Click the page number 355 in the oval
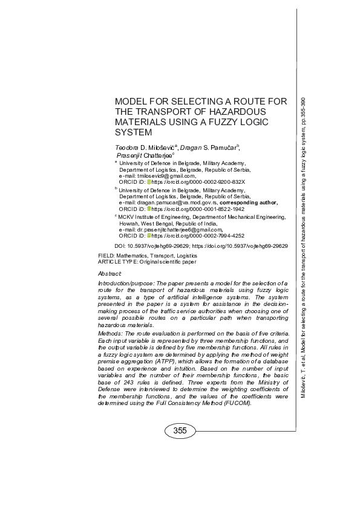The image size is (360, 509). point(180,430)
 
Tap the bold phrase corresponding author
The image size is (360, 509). point(249,203)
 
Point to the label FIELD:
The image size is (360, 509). point(106,256)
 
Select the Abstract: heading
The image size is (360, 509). point(110,274)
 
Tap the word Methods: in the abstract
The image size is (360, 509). point(111,334)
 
